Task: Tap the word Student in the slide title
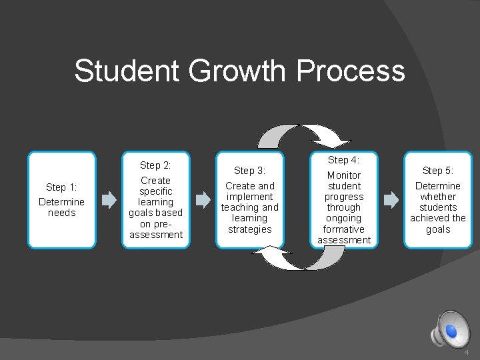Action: coord(126,70)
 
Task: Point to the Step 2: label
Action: coord(155,165)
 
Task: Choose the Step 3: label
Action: coord(250,171)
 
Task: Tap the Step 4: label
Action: coord(344,160)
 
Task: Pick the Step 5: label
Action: coord(437,171)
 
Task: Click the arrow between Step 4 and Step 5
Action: coord(391,199)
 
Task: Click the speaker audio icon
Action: coord(449,331)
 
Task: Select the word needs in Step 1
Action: coord(61,213)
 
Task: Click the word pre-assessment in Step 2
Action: coord(156,229)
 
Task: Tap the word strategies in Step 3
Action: coord(250,229)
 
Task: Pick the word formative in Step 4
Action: coord(344,229)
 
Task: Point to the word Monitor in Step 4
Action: coord(344,175)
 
